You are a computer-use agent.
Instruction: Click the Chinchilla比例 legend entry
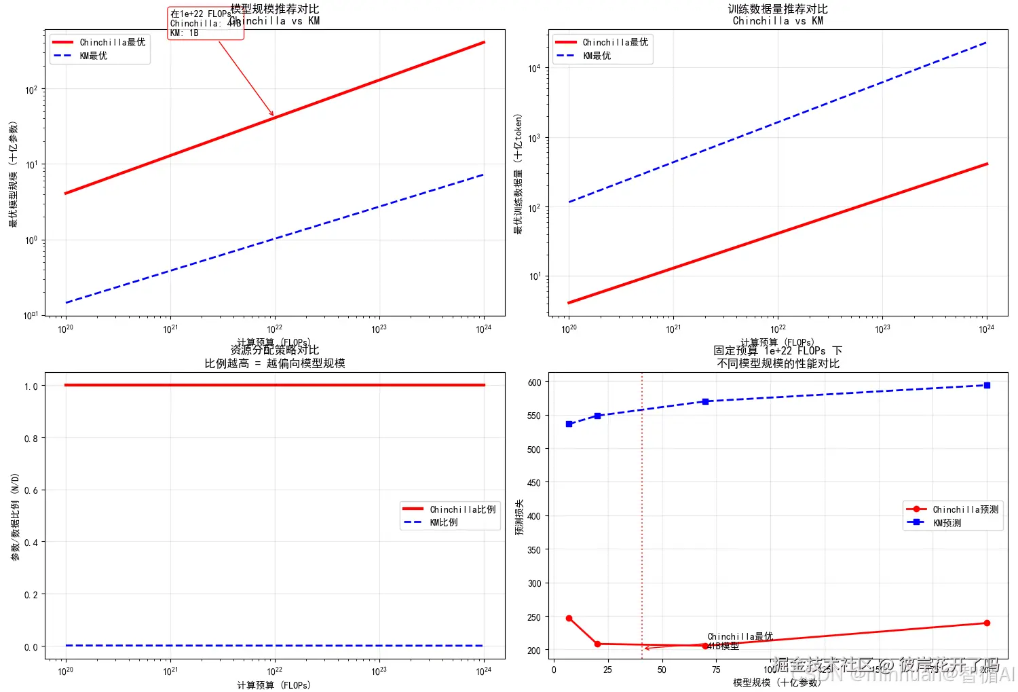tap(449, 509)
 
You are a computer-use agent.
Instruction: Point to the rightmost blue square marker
tap(987, 385)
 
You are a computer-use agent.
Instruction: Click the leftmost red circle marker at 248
tap(569, 619)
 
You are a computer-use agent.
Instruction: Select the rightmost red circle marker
tap(987, 623)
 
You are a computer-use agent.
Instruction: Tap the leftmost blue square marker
tap(569, 424)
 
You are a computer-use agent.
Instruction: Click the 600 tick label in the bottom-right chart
tap(534, 382)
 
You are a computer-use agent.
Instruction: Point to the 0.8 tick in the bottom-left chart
tap(31, 439)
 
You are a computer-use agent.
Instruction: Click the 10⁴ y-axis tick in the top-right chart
tap(534, 68)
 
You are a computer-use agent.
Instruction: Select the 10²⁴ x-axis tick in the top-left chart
tap(483, 329)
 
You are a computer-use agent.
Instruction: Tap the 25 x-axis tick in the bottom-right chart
tap(607, 670)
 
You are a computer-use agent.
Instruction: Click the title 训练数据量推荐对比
tap(778, 10)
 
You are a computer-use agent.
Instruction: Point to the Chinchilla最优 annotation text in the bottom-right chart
tap(740, 636)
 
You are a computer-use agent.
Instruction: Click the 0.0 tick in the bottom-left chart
tap(31, 647)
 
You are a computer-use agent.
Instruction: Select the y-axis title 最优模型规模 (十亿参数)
tap(13, 174)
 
